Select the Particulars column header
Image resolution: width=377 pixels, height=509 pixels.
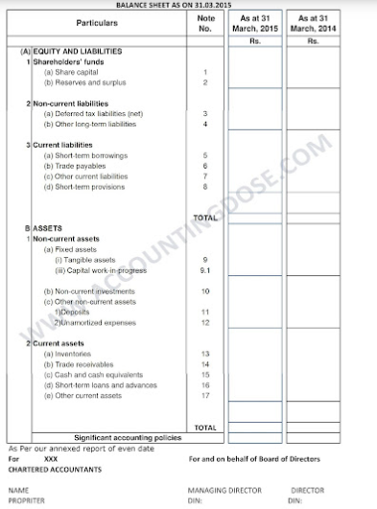click(97, 22)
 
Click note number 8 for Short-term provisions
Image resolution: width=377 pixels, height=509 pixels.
click(206, 187)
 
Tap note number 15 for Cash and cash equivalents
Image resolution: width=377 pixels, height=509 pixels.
click(206, 375)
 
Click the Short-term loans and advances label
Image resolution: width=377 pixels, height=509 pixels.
click(101, 384)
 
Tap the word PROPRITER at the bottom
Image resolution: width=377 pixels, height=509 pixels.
click(26, 499)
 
